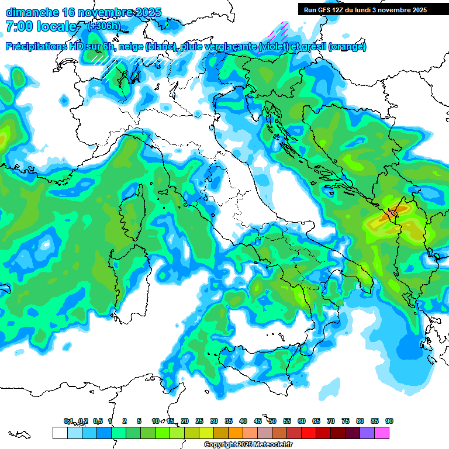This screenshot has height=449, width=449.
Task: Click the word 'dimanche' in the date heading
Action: pos(31,12)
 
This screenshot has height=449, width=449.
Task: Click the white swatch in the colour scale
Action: pos(60,433)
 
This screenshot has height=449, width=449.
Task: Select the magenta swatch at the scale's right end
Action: pos(382,433)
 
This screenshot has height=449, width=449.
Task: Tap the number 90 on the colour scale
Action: pos(389,421)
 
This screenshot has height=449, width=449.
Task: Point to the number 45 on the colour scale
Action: pos(258,421)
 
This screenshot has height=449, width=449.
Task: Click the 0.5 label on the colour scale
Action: pos(97,421)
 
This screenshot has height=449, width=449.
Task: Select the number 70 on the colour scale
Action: pos(331,421)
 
